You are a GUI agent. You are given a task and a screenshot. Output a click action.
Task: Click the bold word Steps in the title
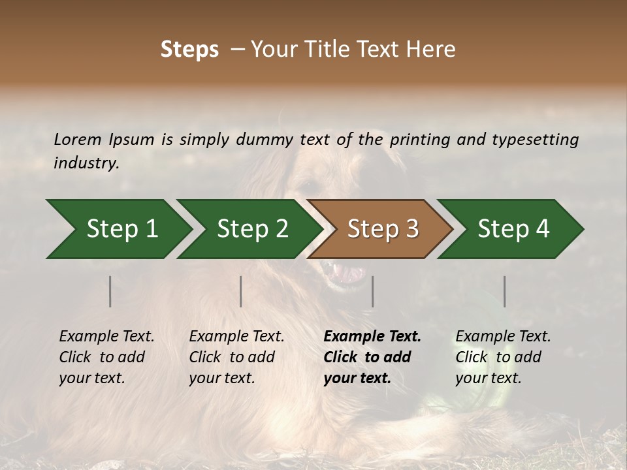pyautogui.click(x=189, y=50)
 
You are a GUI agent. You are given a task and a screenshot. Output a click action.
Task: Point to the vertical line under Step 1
pyautogui.click(x=110, y=291)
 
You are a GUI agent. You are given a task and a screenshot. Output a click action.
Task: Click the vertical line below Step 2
pyautogui.click(x=241, y=291)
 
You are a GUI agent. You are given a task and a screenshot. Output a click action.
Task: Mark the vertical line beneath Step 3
pyautogui.click(x=373, y=291)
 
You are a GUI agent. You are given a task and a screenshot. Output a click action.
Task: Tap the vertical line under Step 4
pyautogui.click(x=505, y=291)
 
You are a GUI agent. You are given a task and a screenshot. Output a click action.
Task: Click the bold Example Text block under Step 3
pyautogui.click(x=372, y=357)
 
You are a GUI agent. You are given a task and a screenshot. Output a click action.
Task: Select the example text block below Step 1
pyautogui.click(x=106, y=357)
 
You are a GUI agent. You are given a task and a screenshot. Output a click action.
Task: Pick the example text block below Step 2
pyautogui.click(x=236, y=357)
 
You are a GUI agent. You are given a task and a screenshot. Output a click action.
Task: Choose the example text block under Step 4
pyautogui.click(x=503, y=357)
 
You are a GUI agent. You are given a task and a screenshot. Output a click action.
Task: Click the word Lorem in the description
pyautogui.click(x=78, y=139)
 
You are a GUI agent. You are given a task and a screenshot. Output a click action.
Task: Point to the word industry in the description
pyautogui.click(x=86, y=163)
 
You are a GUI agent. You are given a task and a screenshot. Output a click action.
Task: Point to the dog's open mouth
pyautogui.click(x=347, y=272)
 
